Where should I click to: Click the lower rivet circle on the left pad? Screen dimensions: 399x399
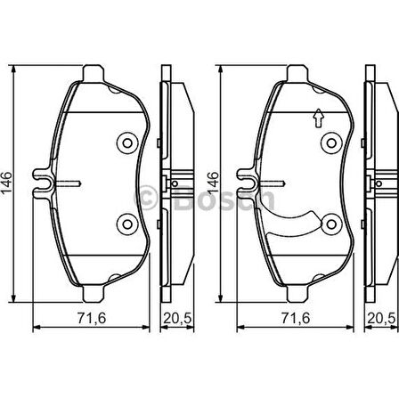126,224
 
